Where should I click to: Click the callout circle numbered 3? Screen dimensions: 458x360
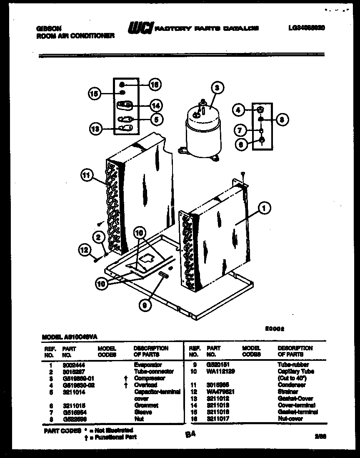217,88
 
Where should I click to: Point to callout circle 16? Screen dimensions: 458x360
155,84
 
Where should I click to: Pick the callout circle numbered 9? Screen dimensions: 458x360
145,305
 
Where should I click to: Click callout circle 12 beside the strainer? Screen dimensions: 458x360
85,250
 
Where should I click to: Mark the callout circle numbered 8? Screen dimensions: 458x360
282,119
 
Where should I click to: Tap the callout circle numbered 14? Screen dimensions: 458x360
156,106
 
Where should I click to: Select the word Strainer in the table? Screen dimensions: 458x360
288,392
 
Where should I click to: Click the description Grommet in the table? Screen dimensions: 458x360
146,405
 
